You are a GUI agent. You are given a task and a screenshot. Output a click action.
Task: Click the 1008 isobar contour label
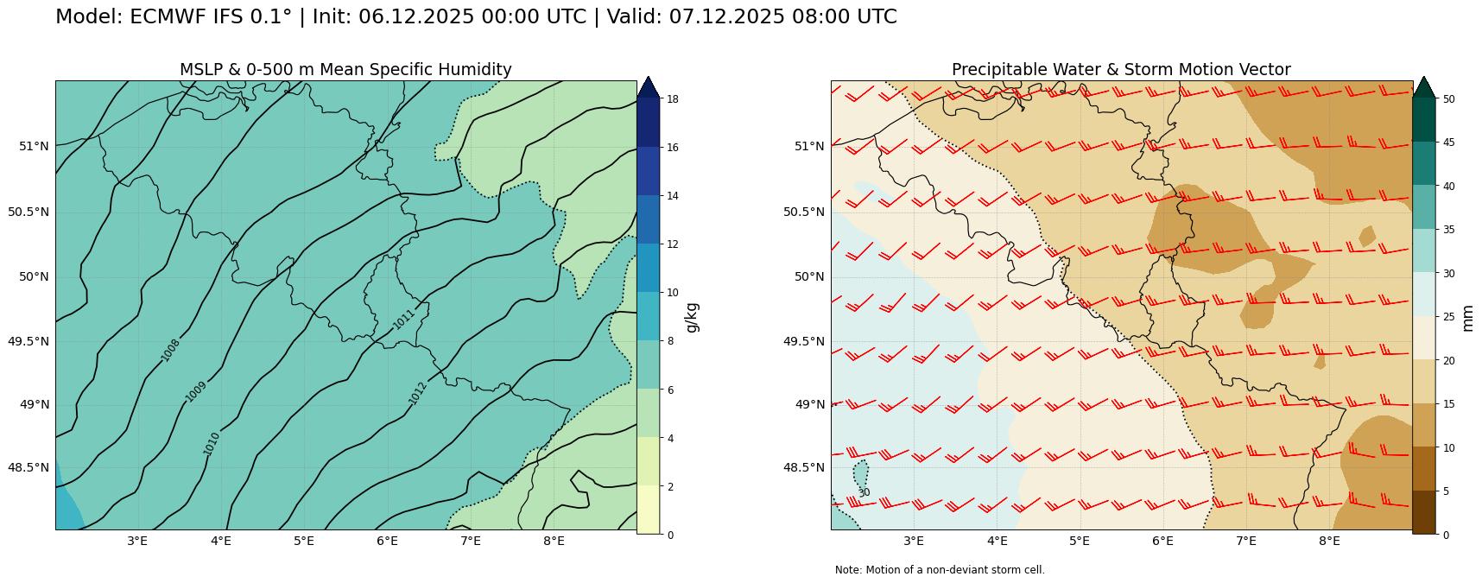pos(170,350)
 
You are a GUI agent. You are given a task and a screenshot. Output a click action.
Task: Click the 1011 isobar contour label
pos(403,319)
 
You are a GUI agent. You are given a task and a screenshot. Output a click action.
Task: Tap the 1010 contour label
pos(212,443)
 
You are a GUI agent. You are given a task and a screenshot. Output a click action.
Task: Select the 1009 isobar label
pos(196,391)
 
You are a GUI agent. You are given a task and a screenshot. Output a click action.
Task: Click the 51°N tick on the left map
pos(35,146)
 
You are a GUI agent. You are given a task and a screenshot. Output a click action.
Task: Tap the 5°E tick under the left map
pos(303,542)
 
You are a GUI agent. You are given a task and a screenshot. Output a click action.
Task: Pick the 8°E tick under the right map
pos(1329,542)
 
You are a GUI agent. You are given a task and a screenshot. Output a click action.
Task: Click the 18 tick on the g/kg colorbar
pos(673,99)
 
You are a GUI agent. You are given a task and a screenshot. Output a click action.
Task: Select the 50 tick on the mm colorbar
pos(1448,99)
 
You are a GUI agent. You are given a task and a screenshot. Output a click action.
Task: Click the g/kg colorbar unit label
pos(692,317)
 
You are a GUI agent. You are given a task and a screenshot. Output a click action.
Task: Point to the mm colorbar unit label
pos(1467,317)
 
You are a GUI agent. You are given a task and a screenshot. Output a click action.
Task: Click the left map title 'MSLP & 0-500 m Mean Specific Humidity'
pos(345,70)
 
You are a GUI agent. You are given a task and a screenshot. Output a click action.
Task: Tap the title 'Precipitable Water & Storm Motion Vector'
pos(1121,70)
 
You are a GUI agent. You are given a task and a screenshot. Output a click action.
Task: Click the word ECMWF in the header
pos(169,17)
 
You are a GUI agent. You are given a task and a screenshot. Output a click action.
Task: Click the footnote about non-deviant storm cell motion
pos(940,570)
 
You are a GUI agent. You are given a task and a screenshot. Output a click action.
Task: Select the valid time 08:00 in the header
pos(790,17)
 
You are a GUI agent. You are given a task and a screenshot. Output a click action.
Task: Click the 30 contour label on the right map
pos(864,493)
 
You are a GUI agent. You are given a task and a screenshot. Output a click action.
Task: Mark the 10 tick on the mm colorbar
pos(1448,447)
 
